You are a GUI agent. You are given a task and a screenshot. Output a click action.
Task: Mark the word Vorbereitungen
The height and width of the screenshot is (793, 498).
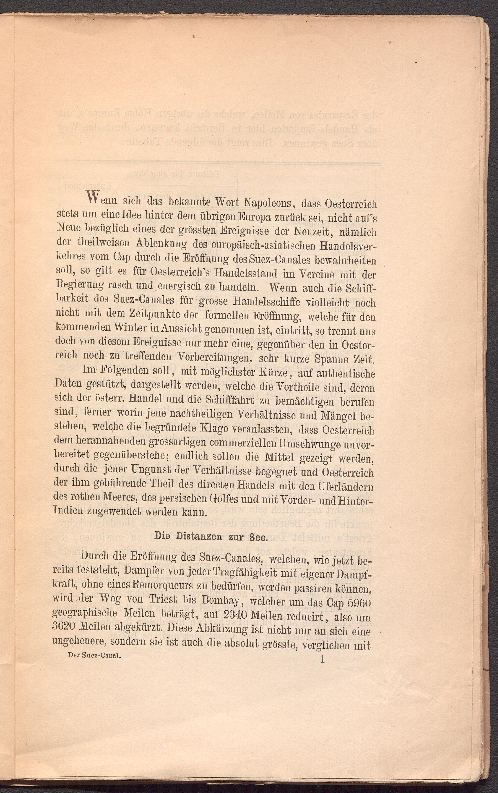coord(216,357)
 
